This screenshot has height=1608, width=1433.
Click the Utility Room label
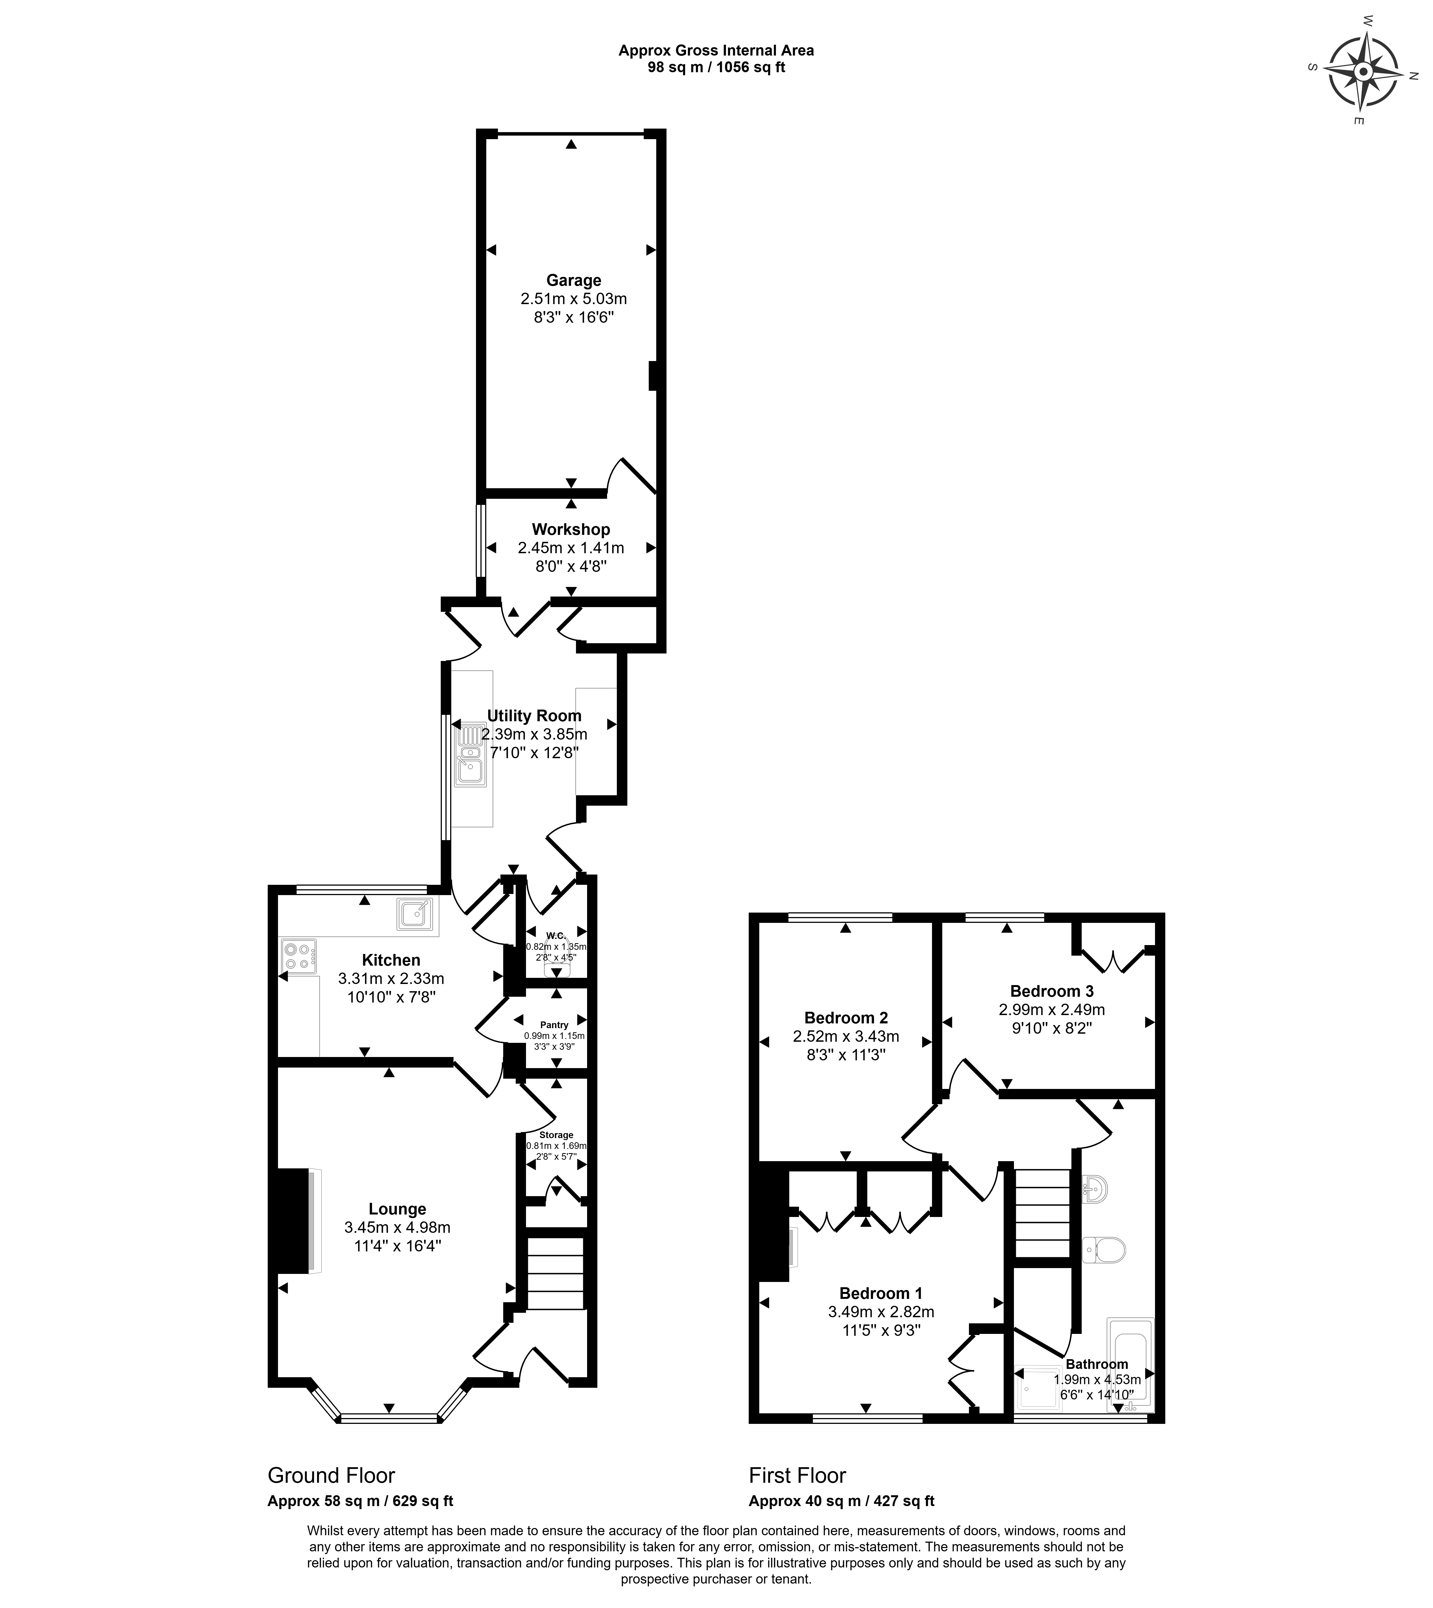point(534,716)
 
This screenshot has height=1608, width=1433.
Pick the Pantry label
point(554,1025)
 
